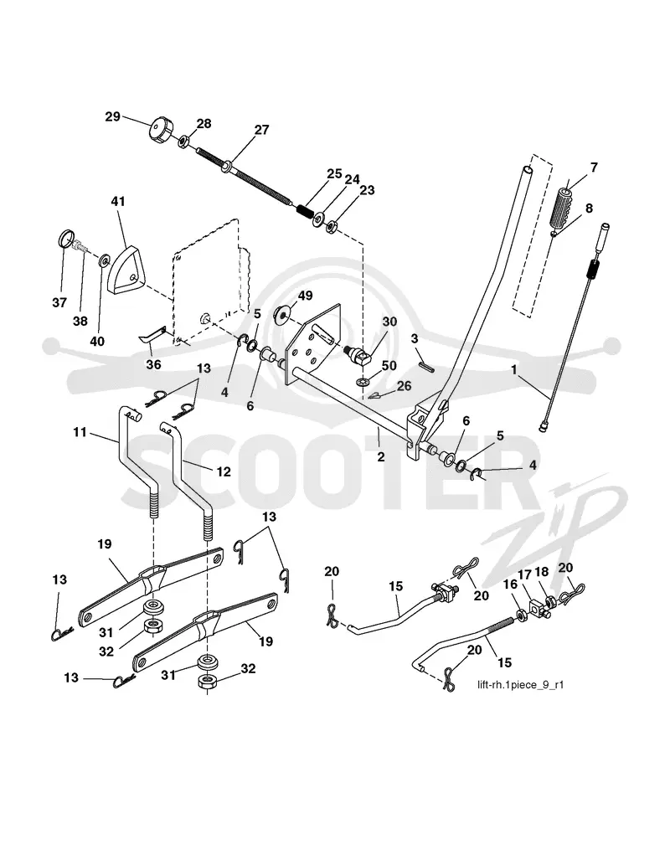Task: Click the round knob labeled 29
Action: [x=160, y=130]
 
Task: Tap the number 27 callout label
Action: [x=262, y=130]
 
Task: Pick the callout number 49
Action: [x=305, y=296]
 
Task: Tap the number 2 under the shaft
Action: [x=381, y=456]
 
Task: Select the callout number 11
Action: [x=80, y=432]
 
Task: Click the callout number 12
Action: [x=224, y=471]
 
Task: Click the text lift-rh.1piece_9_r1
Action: [x=520, y=685]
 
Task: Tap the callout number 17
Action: [x=525, y=574]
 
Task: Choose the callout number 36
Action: [x=153, y=363]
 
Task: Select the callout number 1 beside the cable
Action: [x=513, y=370]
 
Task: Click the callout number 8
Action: [x=589, y=209]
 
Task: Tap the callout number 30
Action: [x=389, y=321]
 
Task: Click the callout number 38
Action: [x=80, y=321]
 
